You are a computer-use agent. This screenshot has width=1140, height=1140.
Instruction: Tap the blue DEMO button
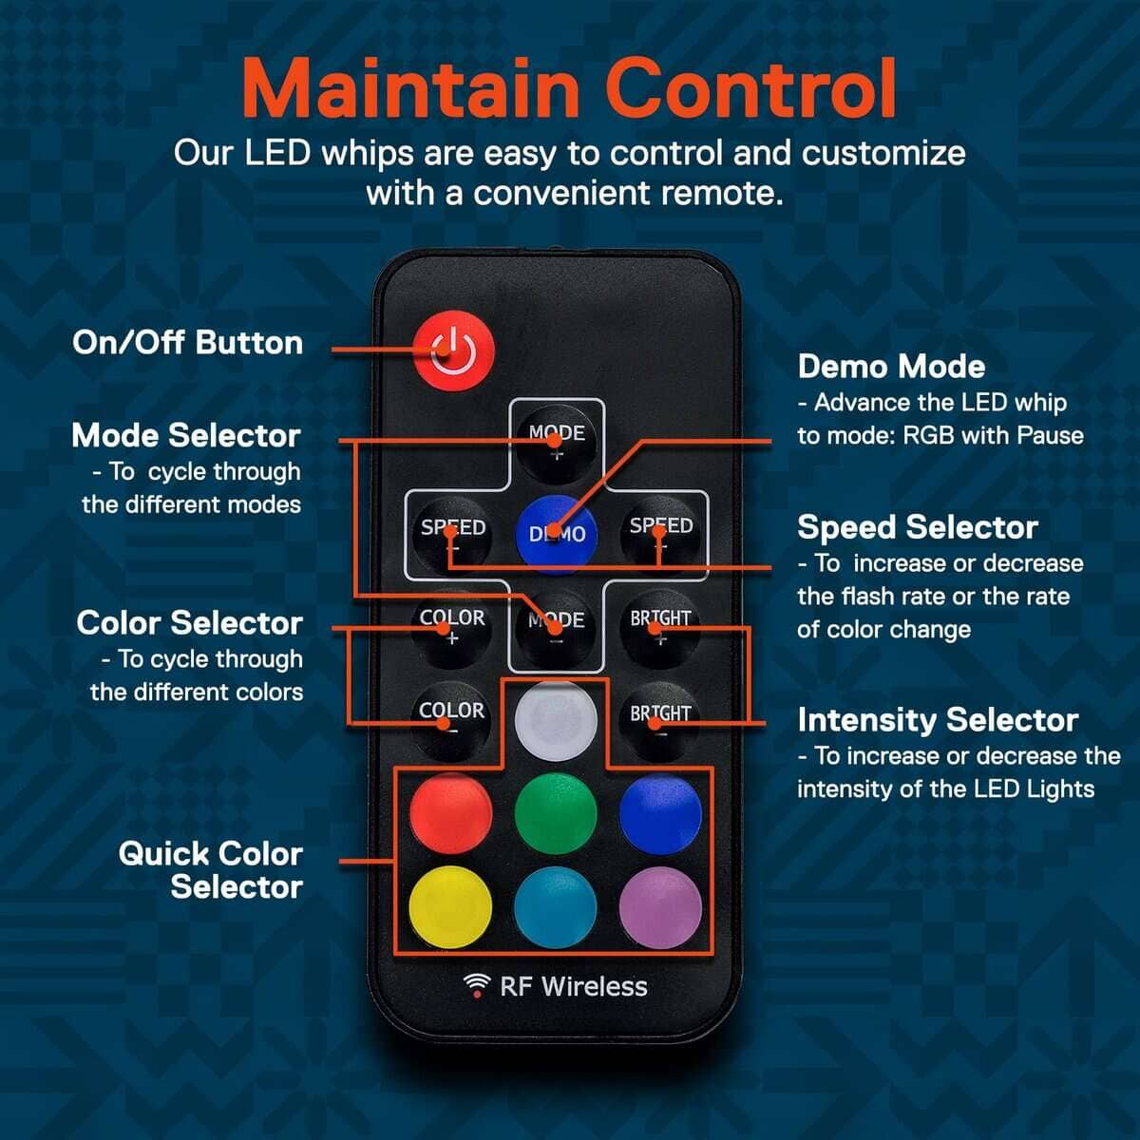556,534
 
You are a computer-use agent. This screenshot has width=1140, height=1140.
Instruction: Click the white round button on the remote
556,720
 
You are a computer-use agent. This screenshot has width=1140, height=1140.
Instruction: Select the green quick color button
556,813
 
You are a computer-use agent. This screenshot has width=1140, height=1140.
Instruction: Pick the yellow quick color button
450,907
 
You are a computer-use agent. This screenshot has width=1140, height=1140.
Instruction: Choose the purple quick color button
661,907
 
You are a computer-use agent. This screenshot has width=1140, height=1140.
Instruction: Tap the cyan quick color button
556,907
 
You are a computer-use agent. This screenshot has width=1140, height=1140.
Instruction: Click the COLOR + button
452,628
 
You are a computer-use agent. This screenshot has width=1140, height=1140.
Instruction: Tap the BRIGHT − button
660,721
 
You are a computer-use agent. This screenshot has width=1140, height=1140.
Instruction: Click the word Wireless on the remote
594,986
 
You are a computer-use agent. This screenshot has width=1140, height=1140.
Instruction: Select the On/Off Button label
187,343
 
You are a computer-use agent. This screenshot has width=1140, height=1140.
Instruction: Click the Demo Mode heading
891,367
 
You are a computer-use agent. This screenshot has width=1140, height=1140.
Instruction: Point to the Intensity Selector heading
938,720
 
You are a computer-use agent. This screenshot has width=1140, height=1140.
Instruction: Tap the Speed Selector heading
918,527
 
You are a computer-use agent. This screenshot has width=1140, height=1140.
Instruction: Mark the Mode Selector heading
186,435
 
